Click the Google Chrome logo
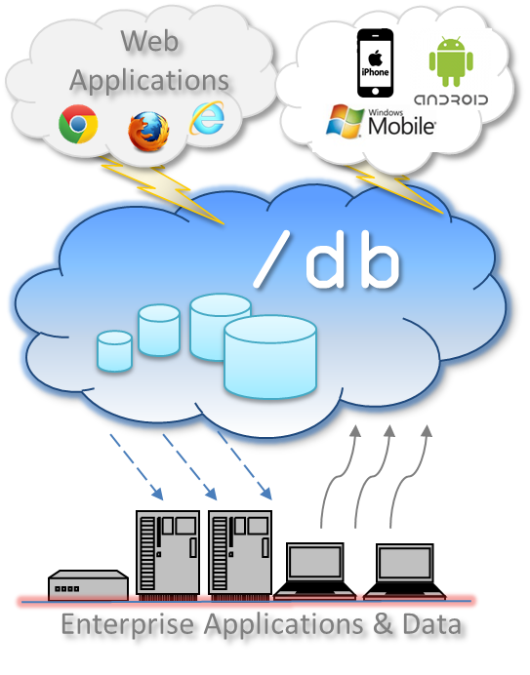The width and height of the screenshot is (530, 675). [78, 124]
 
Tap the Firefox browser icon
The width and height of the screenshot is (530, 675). [148, 132]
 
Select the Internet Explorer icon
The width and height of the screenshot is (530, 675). [207, 117]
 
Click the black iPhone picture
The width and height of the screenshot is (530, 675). [376, 62]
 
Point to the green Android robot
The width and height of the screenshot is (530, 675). [451, 61]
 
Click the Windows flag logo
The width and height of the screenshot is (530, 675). [345, 121]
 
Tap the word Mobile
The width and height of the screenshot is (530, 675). [401, 126]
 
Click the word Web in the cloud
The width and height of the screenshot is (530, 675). [149, 41]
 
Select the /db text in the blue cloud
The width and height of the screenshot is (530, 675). [327, 259]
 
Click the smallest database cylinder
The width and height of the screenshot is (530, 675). [114, 351]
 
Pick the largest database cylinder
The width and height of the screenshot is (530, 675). [270, 357]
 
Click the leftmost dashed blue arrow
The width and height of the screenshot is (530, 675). [137, 467]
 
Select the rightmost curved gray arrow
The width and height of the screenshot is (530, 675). [408, 476]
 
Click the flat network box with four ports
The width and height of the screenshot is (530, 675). [88, 584]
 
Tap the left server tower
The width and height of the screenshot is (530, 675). [168, 553]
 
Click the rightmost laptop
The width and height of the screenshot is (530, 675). [404, 571]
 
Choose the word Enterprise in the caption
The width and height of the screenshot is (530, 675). [128, 625]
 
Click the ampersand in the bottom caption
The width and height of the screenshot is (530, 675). [383, 623]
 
